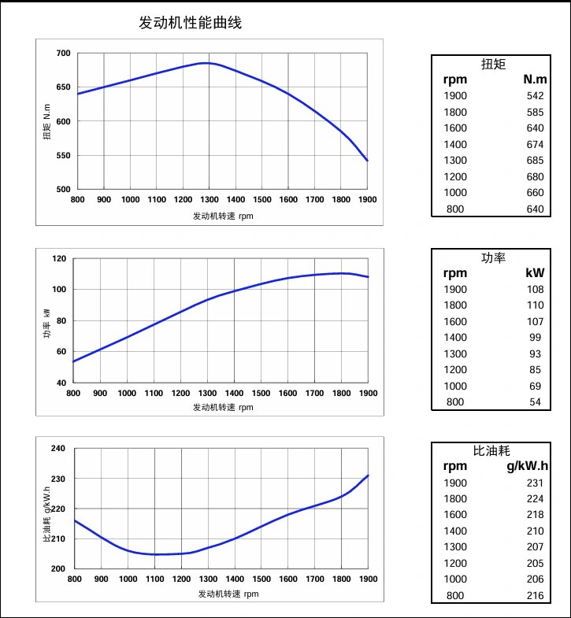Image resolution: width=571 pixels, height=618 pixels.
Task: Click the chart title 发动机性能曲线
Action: (x=190, y=23)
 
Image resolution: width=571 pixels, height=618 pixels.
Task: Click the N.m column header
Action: (x=535, y=80)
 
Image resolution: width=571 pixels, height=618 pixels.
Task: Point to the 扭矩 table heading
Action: (x=493, y=64)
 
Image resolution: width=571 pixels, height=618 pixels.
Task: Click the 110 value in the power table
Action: (x=536, y=305)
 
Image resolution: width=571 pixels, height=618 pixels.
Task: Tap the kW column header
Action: (x=536, y=273)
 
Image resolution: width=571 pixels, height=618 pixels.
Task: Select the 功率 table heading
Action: (x=493, y=257)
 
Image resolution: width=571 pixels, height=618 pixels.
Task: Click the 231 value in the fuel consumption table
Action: (x=536, y=483)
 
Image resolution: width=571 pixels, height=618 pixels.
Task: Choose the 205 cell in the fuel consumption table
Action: (x=536, y=564)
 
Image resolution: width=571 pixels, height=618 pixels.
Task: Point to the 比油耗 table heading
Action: (x=491, y=451)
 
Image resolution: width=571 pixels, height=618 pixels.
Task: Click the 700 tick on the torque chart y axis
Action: (x=63, y=54)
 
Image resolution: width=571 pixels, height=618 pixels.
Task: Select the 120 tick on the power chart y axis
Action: (x=59, y=258)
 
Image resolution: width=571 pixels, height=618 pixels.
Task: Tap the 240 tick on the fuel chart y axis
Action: (x=59, y=449)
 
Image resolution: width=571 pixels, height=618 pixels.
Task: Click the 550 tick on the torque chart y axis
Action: (x=63, y=156)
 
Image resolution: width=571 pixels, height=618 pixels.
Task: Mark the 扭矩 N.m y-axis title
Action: (x=47, y=122)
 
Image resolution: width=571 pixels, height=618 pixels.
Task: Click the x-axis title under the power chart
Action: (x=224, y=407)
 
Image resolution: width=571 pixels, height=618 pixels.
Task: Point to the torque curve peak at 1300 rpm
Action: (x=209, y=63)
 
